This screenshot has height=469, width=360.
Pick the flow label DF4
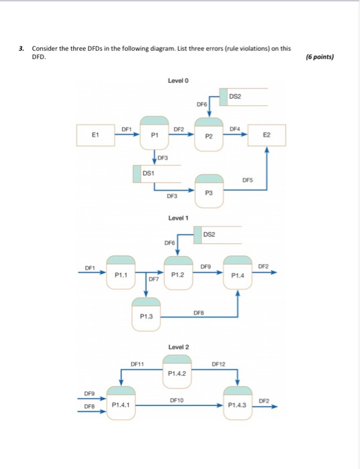234,128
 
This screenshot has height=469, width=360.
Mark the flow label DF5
248,180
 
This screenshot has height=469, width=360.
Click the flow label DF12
219,364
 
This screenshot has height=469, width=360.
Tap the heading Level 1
178,218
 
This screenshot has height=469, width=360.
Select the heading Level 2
178,346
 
